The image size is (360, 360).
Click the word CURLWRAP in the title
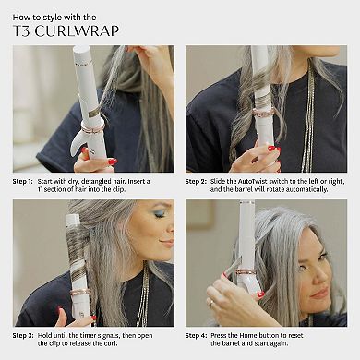point(77,31)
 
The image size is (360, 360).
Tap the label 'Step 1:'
point(22,182)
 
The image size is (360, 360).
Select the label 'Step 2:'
point(196,182)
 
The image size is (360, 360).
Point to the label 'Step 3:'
point(23,335)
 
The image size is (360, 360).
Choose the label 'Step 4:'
point(196,335)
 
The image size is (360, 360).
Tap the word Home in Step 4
point(248,335)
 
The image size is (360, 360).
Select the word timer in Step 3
point(89,335)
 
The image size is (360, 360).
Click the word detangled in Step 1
point(96,182)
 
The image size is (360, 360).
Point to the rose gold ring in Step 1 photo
point(92,127)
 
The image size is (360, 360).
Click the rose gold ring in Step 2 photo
point(263,113)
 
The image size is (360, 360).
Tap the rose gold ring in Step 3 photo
point(79,292)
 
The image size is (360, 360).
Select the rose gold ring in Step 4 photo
point(246,271)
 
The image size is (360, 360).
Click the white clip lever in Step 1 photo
point(78,142)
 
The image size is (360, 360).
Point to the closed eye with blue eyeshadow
point(160,215)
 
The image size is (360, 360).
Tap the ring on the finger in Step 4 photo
point(211,303)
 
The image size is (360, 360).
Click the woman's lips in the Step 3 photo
point(168,243)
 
